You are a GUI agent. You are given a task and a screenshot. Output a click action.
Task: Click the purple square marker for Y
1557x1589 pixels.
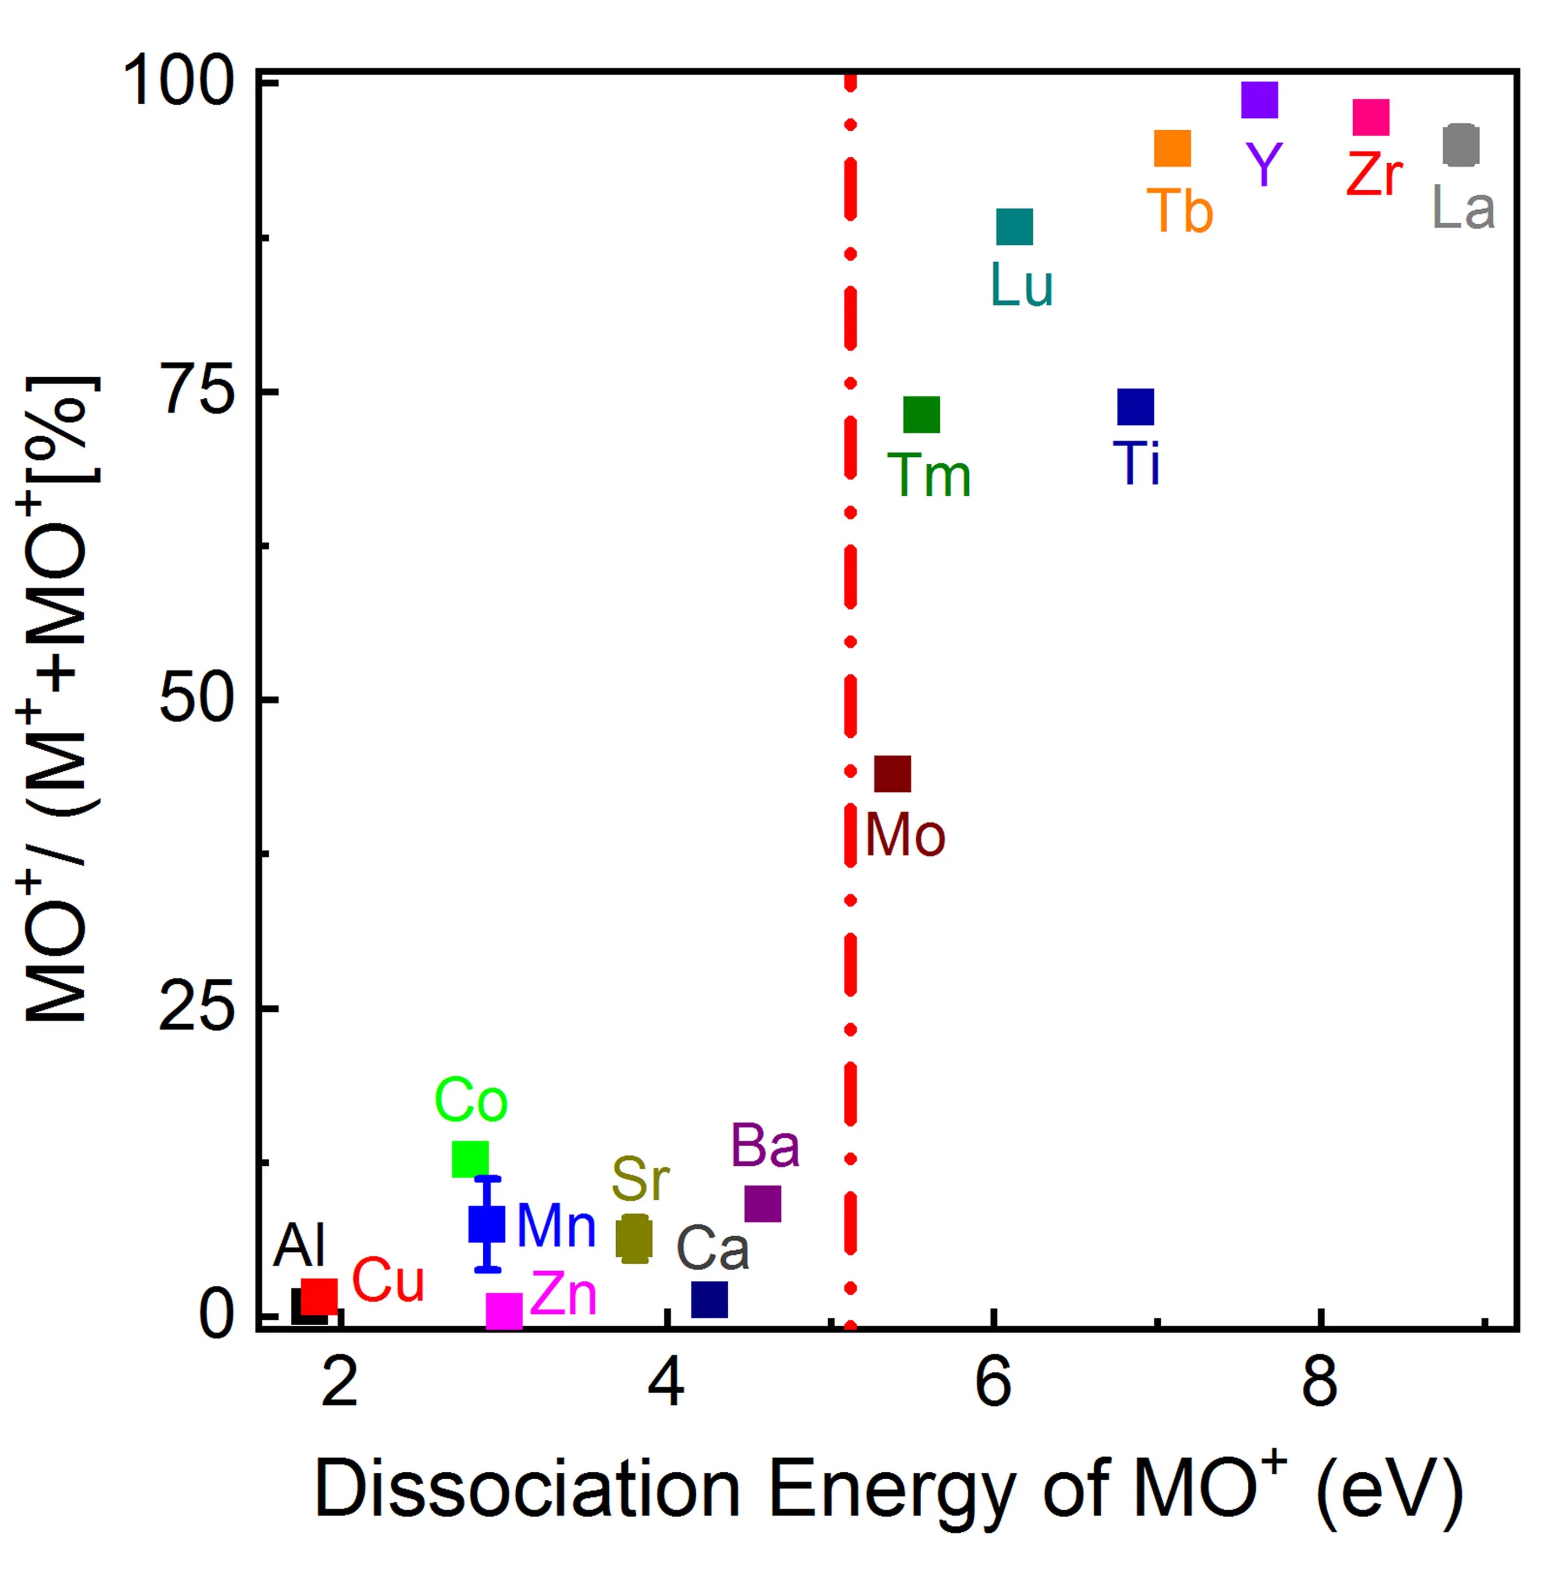1259,101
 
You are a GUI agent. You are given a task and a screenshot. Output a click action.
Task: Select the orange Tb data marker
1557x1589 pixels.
1173,149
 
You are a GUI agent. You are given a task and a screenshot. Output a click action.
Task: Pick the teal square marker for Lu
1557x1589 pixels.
1015,227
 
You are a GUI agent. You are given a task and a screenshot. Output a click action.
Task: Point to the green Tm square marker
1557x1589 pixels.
922,415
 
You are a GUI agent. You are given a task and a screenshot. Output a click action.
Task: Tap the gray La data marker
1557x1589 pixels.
1461,145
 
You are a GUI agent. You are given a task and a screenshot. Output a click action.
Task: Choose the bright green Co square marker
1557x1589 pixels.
470,1159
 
